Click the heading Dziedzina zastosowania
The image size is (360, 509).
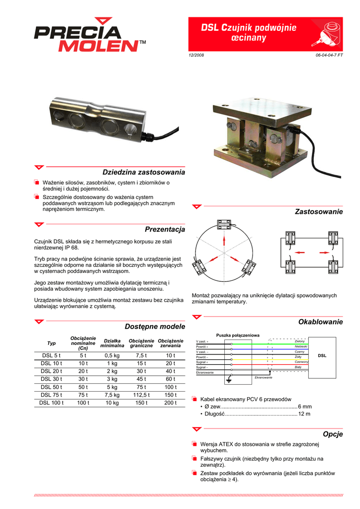pos(143,172)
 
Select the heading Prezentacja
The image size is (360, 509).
pos(165,229)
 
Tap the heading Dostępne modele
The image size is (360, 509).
pos(154,326)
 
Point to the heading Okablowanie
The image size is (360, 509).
pos(320,322)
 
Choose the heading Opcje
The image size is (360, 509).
pos(333,434)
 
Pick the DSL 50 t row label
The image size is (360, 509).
pos(51,387)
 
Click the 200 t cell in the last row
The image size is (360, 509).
pos(171,403)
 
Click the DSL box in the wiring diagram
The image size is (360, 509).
pos(322,356)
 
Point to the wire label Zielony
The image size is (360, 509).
pos(299,341)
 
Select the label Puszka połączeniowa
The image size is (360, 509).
pos(238,335)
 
